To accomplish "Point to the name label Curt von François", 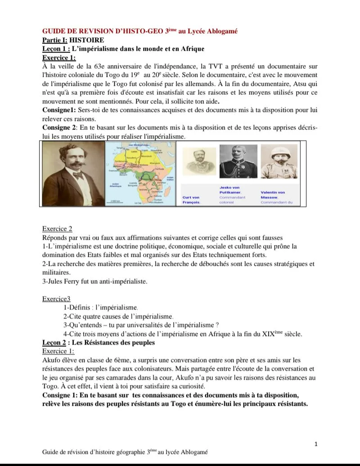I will tap(191, 200).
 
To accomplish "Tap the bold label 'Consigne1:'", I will tap(59, 110).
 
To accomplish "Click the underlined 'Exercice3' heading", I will tap(56, 299).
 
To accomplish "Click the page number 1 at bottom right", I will tap(316, 444).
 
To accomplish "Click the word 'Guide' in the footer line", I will tap(50, 452).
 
